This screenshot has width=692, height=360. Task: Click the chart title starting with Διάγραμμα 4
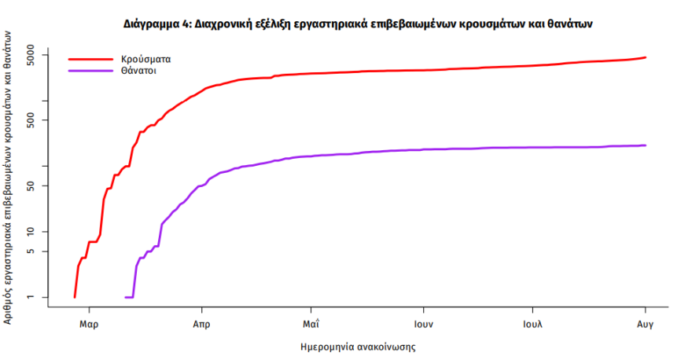click(358, 24)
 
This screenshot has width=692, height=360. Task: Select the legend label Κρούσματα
click(146, 59)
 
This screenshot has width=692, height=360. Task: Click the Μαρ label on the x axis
click(89, 324)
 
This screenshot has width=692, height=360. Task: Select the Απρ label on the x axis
click(201, 324)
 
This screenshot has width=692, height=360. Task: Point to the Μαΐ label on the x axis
click(311, 324)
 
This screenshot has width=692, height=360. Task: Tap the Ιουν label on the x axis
click(423, 324)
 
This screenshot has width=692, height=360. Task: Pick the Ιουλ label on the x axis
click(534, 324)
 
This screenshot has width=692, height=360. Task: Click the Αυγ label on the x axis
click(646, 324)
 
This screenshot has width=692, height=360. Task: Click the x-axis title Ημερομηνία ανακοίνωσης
click(358, 346)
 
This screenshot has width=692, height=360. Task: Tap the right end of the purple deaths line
click(645, 145)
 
